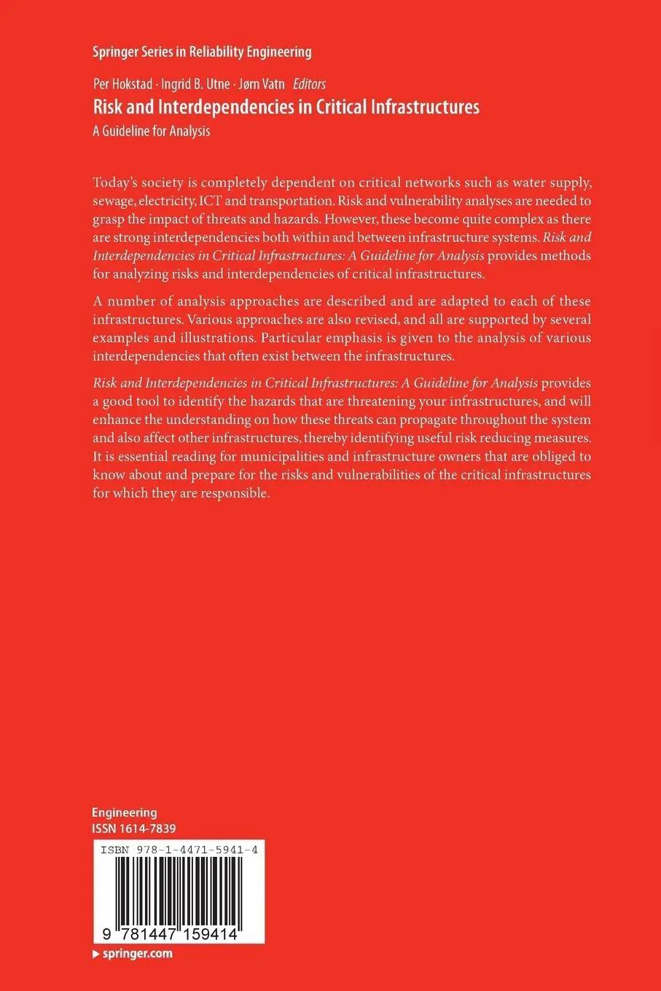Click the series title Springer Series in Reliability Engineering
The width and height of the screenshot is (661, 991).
coord(202,52)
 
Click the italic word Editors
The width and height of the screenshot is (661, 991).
coord(309,85)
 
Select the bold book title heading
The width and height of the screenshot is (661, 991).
coord(286,107)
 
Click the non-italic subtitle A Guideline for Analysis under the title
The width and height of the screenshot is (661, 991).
coord(152,131)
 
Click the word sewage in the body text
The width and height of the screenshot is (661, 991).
coord(114,200)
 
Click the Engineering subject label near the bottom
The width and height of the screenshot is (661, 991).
coord(125,812)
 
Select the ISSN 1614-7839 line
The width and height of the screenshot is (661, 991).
coord(134,829)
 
